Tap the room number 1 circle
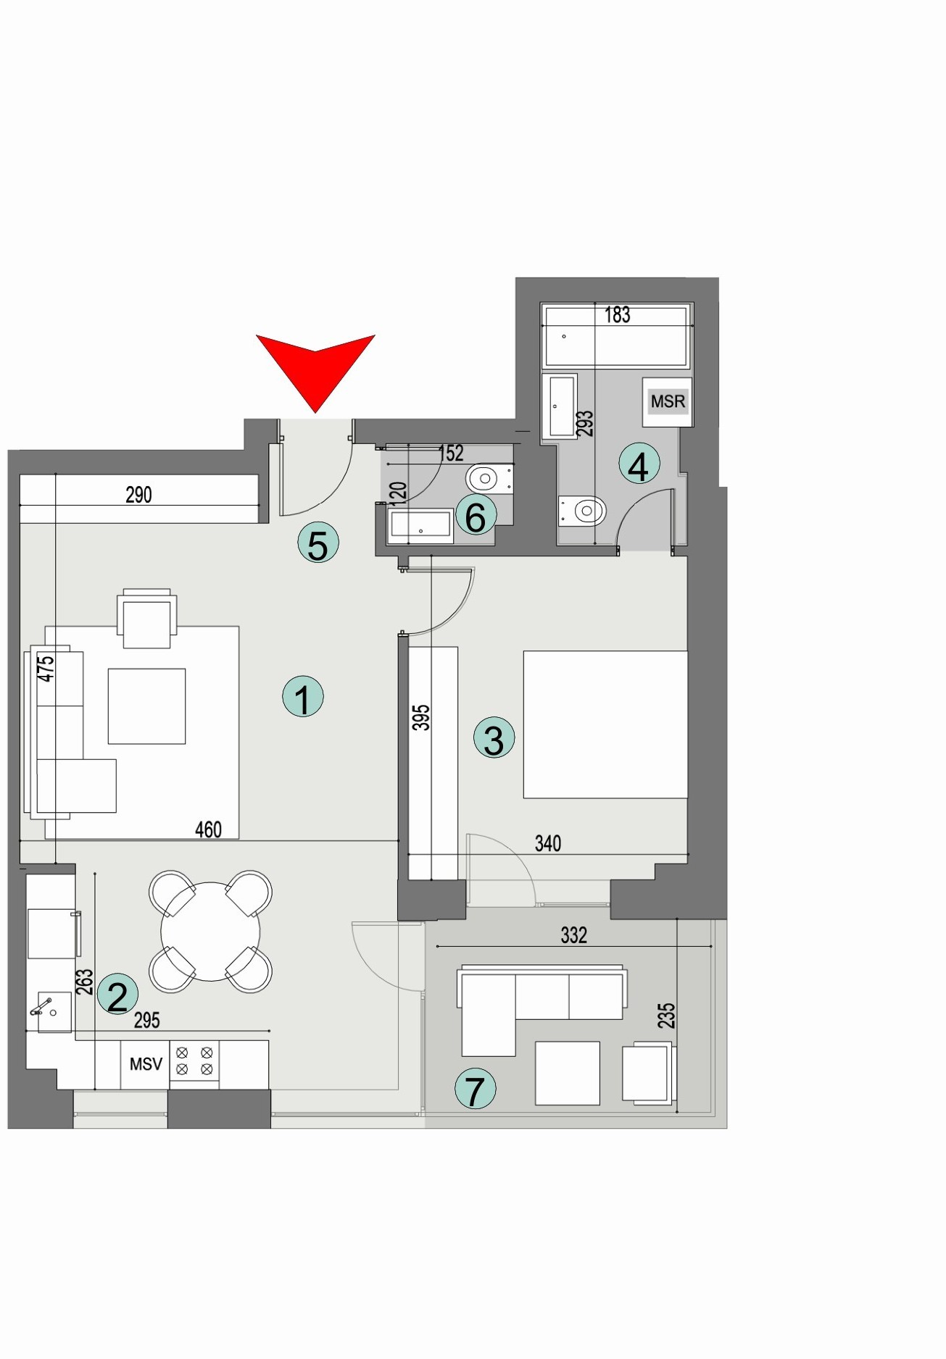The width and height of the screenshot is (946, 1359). (x=302, y=697)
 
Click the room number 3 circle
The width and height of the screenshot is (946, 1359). (x=494, y=738)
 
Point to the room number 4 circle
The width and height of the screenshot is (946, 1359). (x=639, y=465)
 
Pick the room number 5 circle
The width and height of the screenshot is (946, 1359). (x=318, y=543)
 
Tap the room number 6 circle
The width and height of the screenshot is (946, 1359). (x=476, y=517)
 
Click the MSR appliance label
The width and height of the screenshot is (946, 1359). (x=668, y=401)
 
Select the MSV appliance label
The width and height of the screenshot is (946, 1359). (x=146, y=1064)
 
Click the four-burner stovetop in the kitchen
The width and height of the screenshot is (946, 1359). (x=194, y=1061)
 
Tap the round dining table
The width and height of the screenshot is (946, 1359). (x=210, y=932)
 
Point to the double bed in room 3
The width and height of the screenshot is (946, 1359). (x=605, y=724)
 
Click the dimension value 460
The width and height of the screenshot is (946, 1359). (x=208, y=829)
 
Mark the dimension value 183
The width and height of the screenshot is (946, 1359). (x=618, y=315)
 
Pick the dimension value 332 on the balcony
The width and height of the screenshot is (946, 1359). (x=573, y=935)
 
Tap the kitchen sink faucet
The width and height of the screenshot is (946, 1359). (x=41, y=1006)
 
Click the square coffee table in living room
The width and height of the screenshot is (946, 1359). (x=146, y=706)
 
